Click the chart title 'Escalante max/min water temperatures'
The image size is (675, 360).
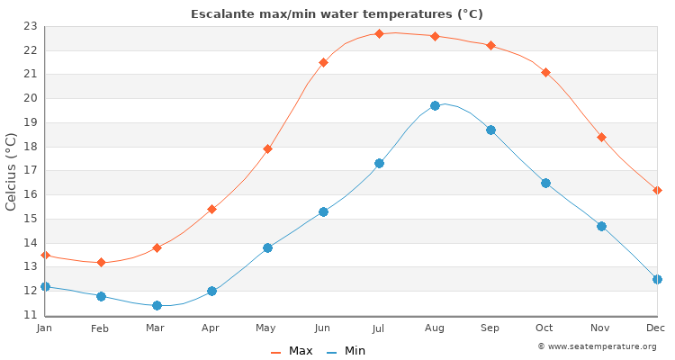tap(337, 13)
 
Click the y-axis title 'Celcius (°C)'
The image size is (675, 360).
tap(12, 171)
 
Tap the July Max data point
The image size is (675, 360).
tap(379, 33)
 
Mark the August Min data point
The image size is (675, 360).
tap(435, 105)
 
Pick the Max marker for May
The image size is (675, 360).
tap(267, 148)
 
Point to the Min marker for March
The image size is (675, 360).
tap(157, 305)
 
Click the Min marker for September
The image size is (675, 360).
tap(490, 130)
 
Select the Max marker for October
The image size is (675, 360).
tap(545, 72)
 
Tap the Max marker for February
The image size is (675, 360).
tap(101, 262)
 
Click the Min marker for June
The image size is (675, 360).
tap(323, 211)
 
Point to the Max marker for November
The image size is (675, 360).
tap(601, 137)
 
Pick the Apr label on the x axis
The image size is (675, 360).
tap(211, 328)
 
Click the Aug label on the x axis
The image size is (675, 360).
tap(435, 328)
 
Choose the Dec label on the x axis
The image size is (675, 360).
tap(655, 328)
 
